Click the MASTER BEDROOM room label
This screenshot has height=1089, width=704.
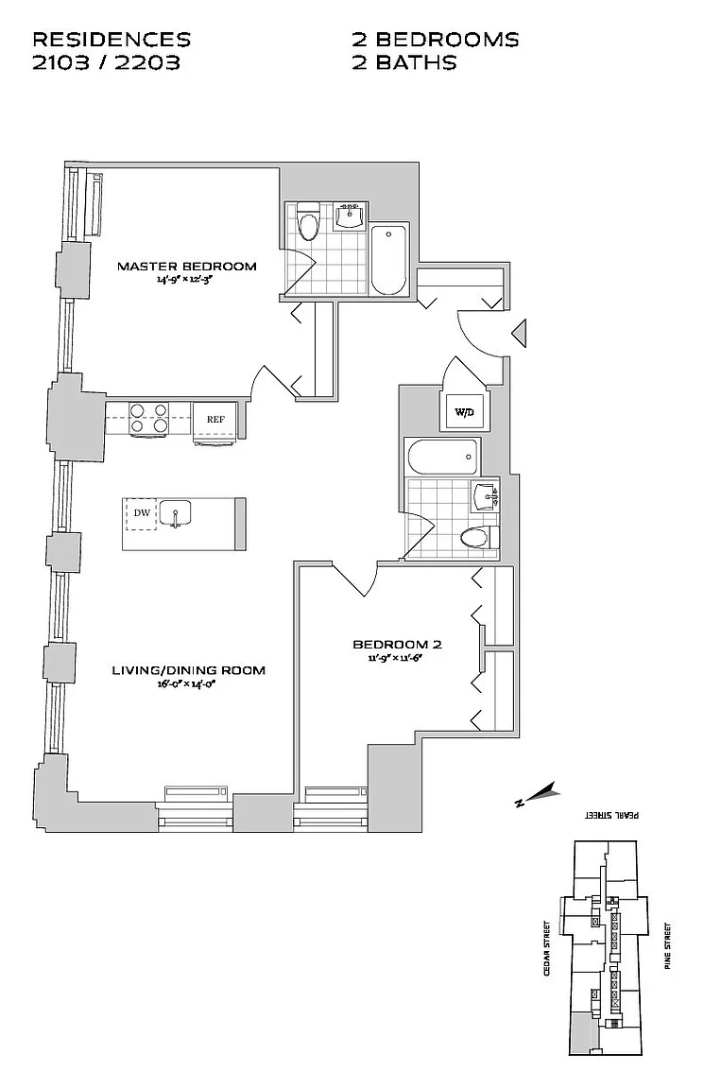[186, 267]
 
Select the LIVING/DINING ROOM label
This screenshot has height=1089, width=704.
[188, 670]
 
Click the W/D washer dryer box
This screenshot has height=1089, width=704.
[464, 412]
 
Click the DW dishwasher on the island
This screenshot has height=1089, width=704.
[142, 513]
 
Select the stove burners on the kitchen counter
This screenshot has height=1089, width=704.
[148, 419]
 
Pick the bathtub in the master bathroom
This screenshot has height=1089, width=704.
[388, 260]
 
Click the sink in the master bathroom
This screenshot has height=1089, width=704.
[350, 216]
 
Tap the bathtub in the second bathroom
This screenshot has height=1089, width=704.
[440, 458]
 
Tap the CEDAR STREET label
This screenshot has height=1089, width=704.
[547, 948]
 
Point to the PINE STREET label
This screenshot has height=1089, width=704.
[667, 947]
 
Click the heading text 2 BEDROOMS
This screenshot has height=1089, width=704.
[435, 40]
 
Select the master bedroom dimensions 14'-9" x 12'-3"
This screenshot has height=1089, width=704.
[186, 281]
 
